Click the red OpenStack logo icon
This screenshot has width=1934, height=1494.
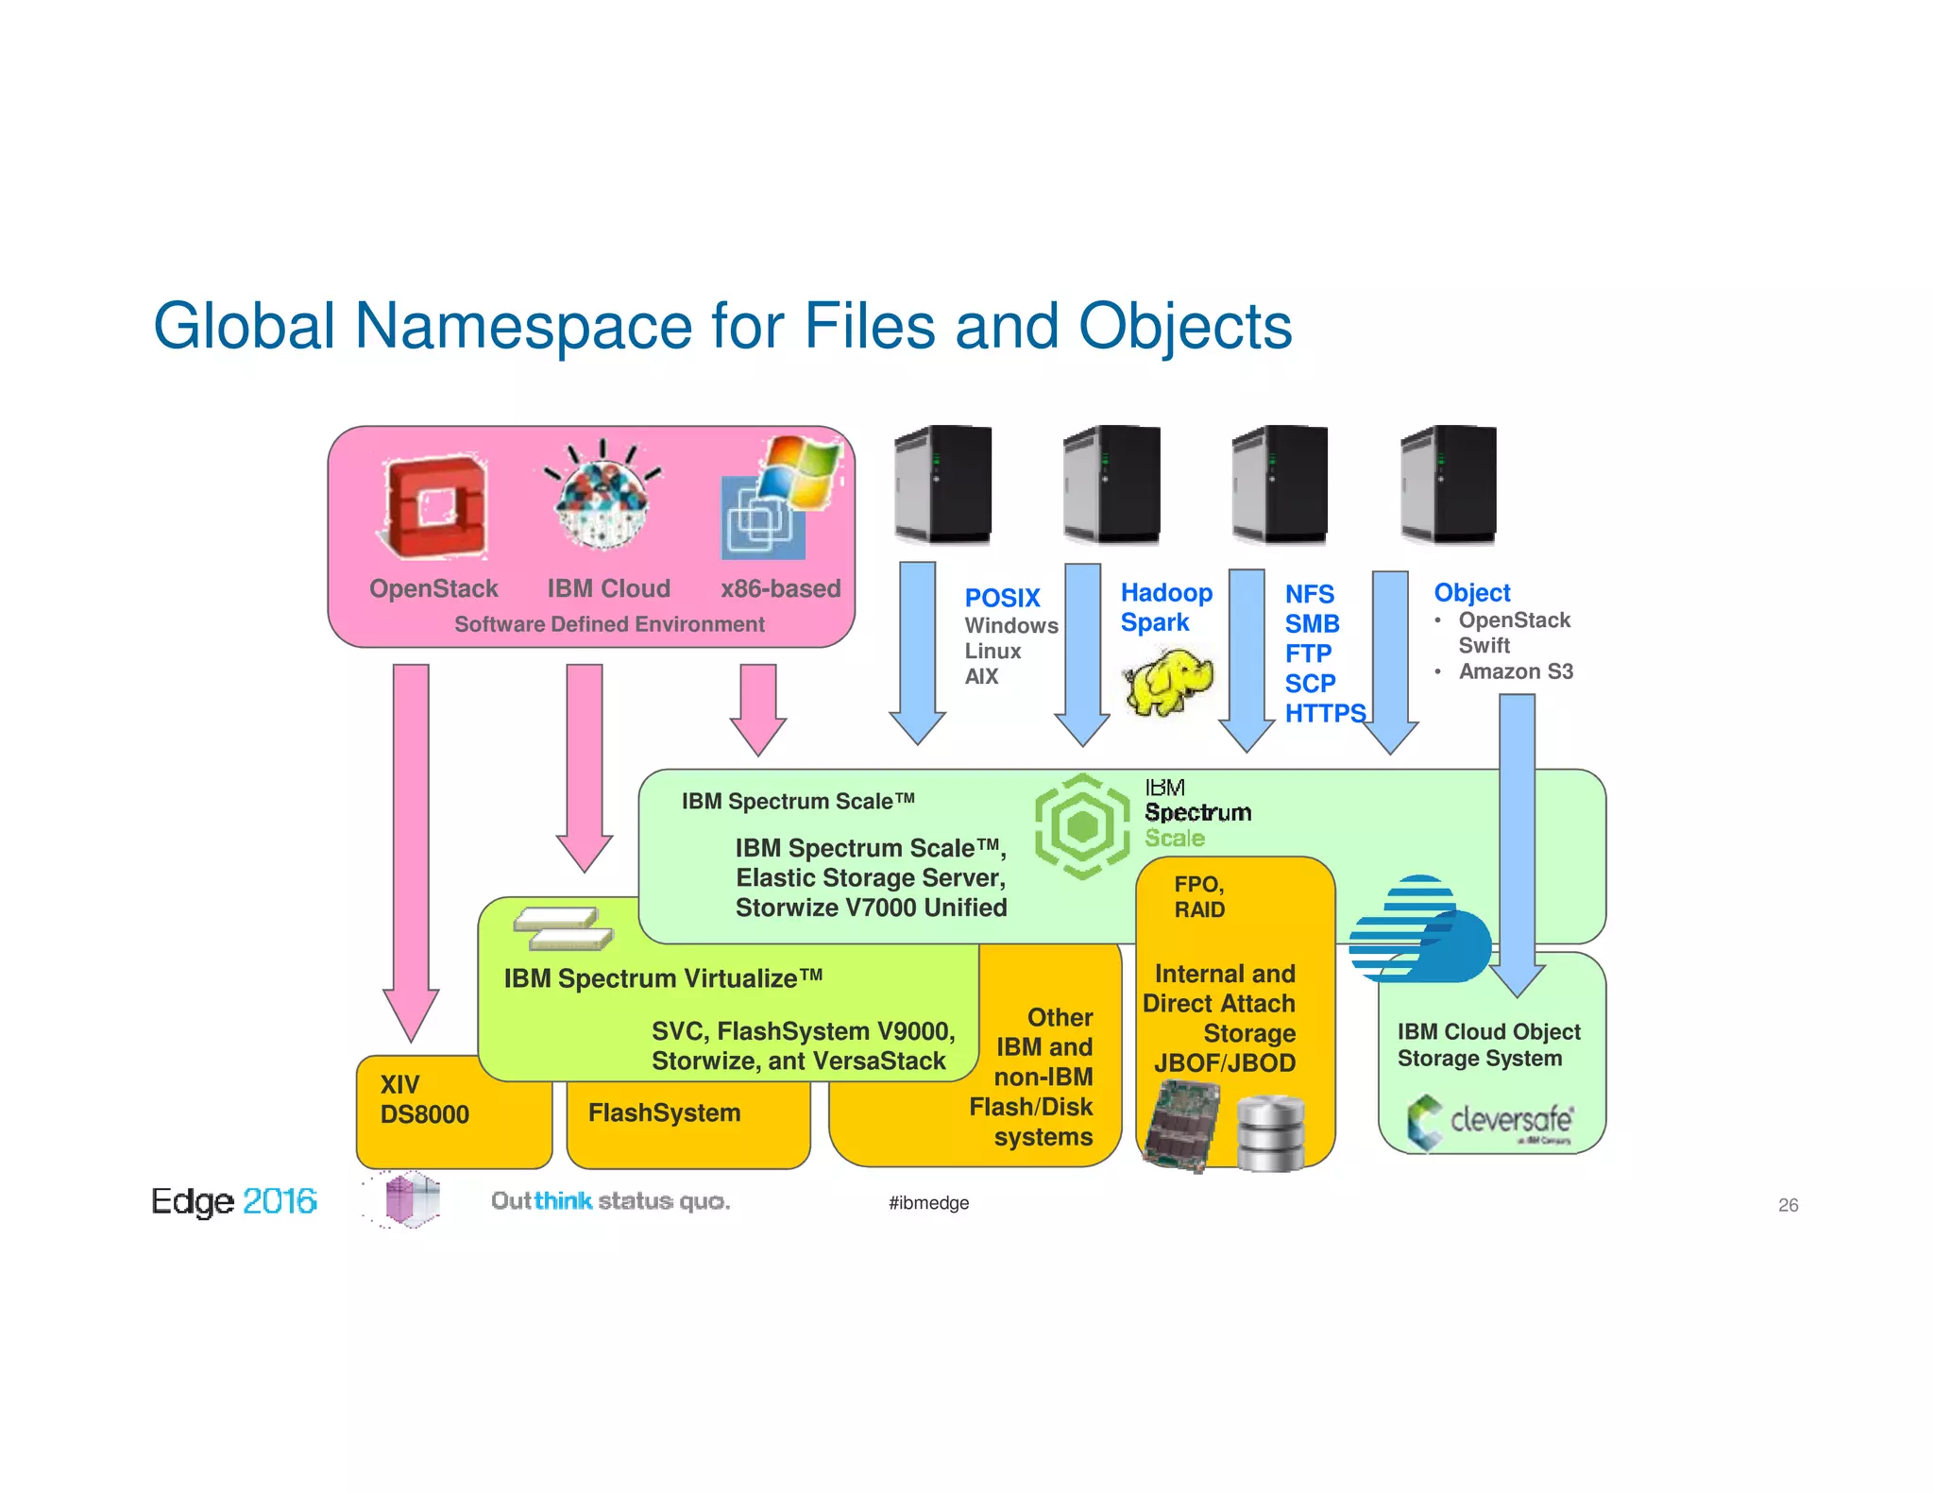click(x=434, y=507)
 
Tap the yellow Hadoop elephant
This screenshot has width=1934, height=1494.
click(x=1168, y=680)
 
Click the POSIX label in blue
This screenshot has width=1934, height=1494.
click(x=1001, y=598)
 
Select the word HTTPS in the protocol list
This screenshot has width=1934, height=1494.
click(x=1324, y=713)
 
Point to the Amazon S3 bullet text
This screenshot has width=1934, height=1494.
click(x=1515, y=671)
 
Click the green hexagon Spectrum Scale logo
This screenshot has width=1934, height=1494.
click(x=1081, y=826)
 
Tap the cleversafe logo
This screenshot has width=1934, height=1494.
click(x=1490, y=1122)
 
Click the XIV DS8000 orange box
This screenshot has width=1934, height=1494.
click(x=425, y=1101)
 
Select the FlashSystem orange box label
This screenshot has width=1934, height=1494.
click(x=664, y=1113)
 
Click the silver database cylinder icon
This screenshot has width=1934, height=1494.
click(x=1270, y=1133)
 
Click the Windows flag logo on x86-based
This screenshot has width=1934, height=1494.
click(x=799, y=472)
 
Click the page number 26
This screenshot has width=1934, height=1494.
click(x=1787, y=1205)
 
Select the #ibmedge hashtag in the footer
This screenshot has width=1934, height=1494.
click(x=928, y=1203)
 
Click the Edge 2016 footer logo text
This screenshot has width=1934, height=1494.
click(x=233, y=1201)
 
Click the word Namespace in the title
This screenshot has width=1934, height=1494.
click(x=523, y=327)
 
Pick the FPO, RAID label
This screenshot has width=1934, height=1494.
click(x=1198, y=897)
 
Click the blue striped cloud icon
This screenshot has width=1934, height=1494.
click(x=1418, y=931)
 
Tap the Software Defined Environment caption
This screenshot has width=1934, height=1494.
click(x=609, y=624)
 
